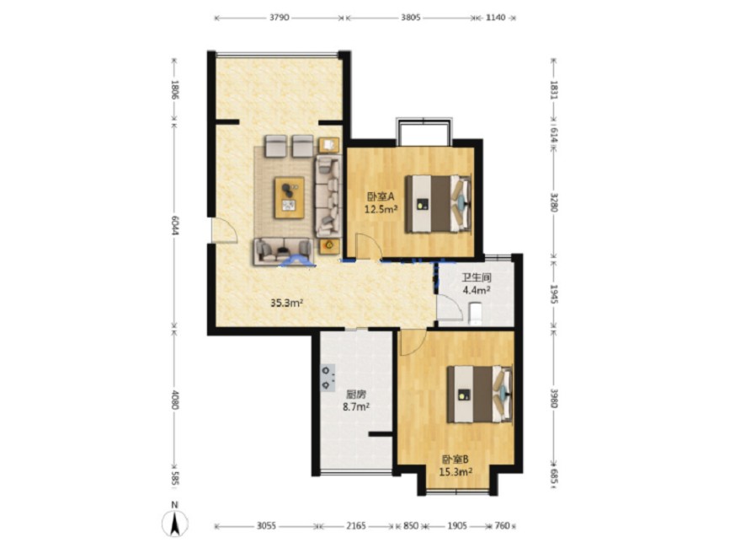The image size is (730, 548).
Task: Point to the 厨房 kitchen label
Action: coord(355,395)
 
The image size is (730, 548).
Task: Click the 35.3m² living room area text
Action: coord(287,303)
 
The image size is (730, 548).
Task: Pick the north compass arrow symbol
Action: coord(175,523)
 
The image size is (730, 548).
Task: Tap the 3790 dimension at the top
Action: coord(280,18)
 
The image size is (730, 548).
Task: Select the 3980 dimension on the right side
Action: coord(553,398)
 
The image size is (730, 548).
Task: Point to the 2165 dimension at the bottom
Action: coord(355,525)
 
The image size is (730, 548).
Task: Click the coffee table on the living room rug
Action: coord(289,197)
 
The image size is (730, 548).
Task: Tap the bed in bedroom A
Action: coord(438,204)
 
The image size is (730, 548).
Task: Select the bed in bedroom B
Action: coord(480,395)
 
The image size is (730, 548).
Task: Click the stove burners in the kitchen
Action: coord(327,378)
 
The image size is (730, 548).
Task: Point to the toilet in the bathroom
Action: coord(475,313)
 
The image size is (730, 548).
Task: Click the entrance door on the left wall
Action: coord(224,230)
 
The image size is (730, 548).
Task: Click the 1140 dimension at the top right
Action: coord(495,18)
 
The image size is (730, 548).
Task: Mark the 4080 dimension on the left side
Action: coord(175,400)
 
